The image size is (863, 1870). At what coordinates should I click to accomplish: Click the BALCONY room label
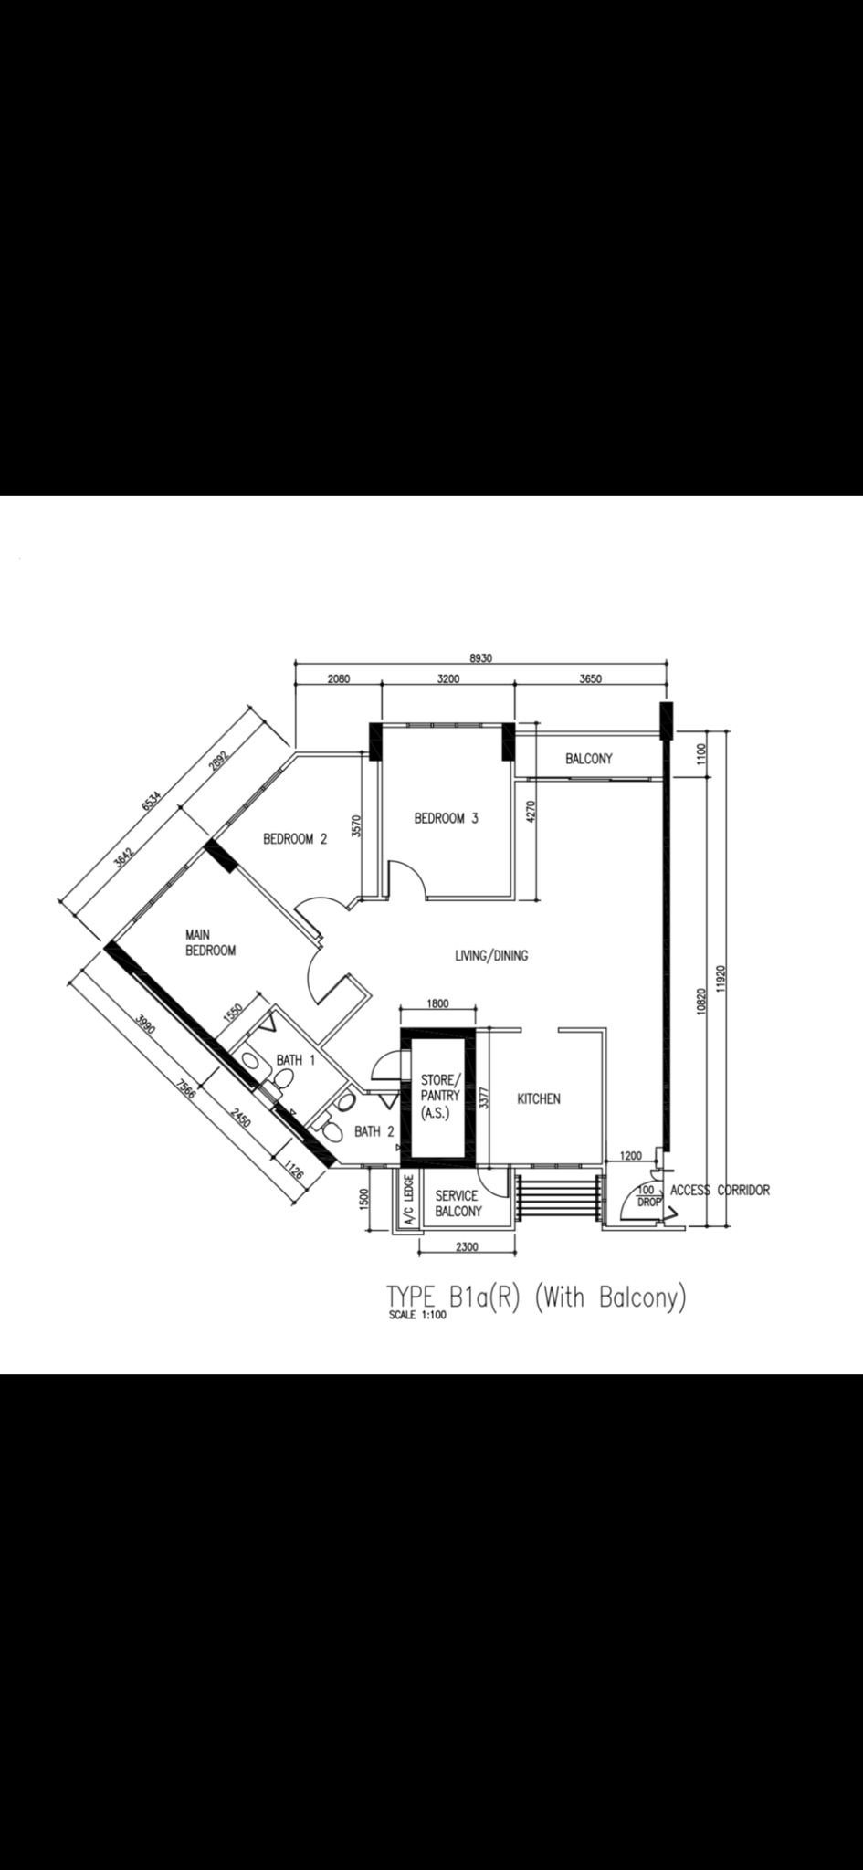click(588, 759)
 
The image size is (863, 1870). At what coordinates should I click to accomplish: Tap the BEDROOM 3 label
click(446, 818)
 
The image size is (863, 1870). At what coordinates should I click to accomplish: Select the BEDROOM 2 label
click(295, 838)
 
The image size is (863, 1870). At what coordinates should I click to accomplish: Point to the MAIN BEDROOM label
click(211, 942)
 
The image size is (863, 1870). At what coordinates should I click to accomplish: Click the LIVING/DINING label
click(491, 956)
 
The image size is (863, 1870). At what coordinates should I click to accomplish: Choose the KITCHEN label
click(539, 1098)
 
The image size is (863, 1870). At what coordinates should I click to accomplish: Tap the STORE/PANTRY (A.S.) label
click(441, 1096)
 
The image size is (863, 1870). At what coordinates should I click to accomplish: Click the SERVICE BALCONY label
click(458, 1203)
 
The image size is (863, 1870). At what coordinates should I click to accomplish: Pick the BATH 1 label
click(296, 1060)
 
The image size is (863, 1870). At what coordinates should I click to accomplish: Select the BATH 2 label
click(374, 1131)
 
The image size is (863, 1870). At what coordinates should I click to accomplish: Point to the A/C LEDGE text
click(409, 1200)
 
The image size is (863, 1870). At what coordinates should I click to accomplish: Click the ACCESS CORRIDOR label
click(720, 1190)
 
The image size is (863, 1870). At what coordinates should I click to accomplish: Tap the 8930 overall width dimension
click(480, 658)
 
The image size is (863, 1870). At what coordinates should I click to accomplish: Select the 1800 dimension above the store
click(437, 1003)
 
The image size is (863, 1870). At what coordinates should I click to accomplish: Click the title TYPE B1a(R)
click(453, 1297)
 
